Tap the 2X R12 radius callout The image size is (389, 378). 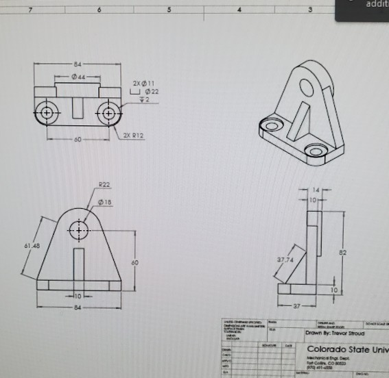(134, 136)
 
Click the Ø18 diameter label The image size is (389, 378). (106, 202)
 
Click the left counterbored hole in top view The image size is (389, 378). (47, 112)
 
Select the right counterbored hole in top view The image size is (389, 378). (108, 112)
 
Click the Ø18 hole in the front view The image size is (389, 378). (80, 229)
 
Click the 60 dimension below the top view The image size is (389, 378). (77, 139)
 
